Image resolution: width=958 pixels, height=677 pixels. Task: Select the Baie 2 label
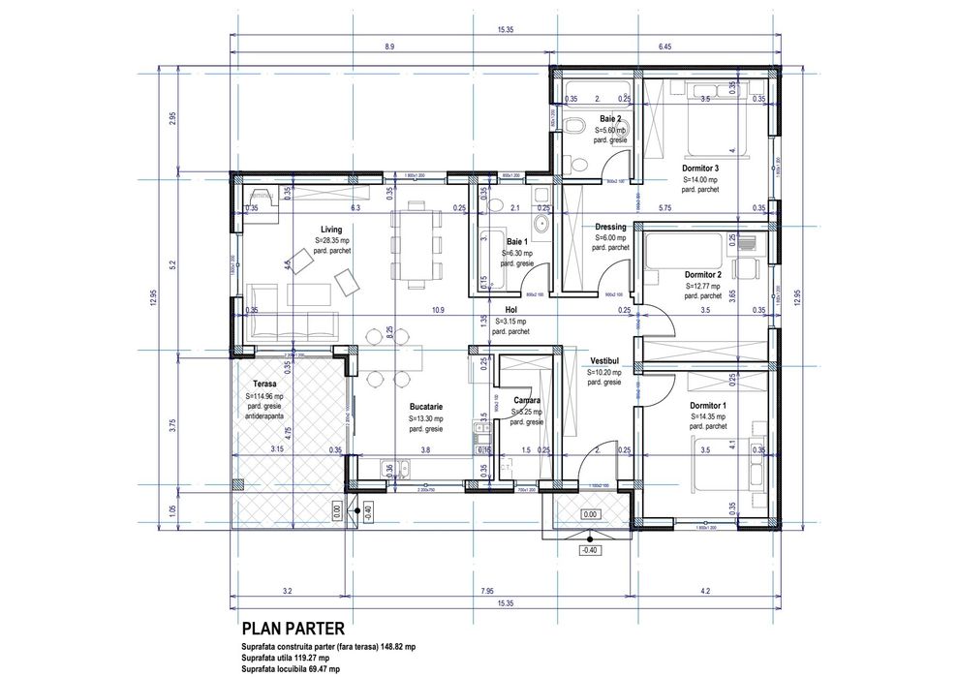pos(610,118)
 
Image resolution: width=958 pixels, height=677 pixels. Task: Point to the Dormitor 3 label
pos(700,168)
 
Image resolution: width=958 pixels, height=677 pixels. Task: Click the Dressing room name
pos(610,227)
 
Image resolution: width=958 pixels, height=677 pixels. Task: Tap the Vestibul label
pos(604,360)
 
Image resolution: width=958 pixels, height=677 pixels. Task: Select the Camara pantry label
pos(527,400)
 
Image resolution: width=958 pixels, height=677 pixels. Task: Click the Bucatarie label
pos(426,408)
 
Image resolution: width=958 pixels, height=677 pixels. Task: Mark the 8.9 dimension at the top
pos(388,46)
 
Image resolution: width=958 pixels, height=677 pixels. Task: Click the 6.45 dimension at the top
pos(664,46)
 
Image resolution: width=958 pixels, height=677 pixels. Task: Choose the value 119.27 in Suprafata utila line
pos(305,657)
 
